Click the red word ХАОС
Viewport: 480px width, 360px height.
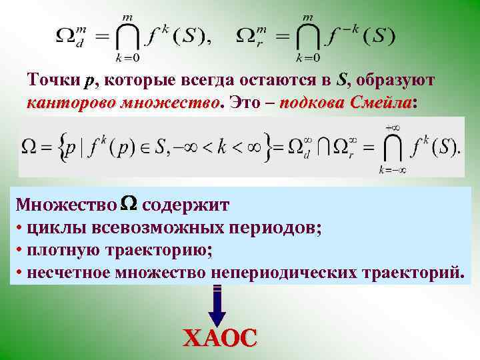(x=219, y=337)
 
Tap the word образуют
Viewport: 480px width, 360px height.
(x=397, y=81)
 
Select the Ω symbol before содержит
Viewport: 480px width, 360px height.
(x=130, y=203)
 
